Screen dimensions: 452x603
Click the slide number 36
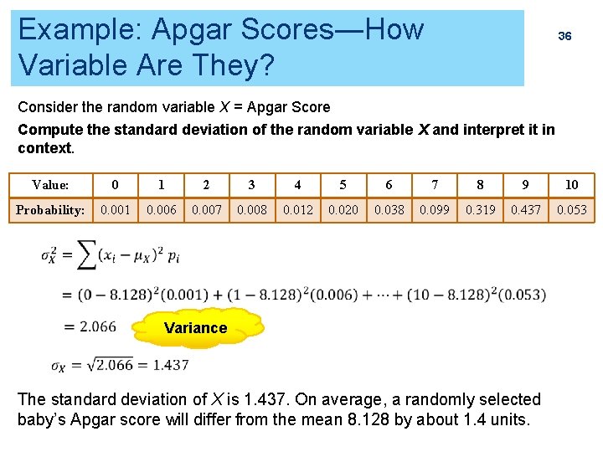tap(565, 36)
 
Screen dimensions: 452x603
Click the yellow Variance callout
tap(195, 328)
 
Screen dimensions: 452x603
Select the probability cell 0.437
tap(526, 210)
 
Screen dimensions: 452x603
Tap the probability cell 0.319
tap(480, 210)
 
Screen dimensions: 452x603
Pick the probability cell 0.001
tap(115, 210)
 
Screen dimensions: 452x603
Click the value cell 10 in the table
tap(572, 185)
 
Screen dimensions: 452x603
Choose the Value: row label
tap(50, 185)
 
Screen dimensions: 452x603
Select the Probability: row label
tap(50, 210)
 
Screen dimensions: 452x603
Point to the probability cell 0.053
tap(572, 210)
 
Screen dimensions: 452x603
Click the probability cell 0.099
tap(435, 210)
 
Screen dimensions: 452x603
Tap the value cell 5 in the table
tap(343, 185)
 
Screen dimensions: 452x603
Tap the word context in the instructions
tap(44, 148)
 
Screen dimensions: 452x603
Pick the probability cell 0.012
tap(297, 210)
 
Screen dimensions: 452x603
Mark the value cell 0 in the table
tap(115, 185)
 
